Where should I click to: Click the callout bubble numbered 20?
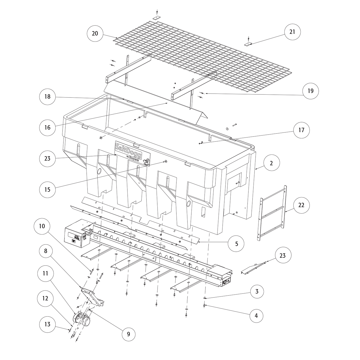point(95,34)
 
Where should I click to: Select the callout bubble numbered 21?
point(292,32)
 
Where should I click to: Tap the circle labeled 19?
point(310,91)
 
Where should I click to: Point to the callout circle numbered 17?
point(301,130)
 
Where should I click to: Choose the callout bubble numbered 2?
point(271,163)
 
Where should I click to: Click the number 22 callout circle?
point(301,205)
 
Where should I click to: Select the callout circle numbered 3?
point(257,291)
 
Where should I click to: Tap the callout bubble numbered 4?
point(256,315)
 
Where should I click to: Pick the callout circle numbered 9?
point(128,334)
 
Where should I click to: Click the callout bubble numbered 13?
point(47,324)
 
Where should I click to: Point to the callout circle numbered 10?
point(42,226)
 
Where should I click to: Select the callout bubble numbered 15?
point(47,189)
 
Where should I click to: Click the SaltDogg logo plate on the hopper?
point(132,153)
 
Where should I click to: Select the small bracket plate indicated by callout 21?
point(249,44)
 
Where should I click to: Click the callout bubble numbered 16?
point(47,127)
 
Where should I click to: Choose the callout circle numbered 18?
point(47,96)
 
